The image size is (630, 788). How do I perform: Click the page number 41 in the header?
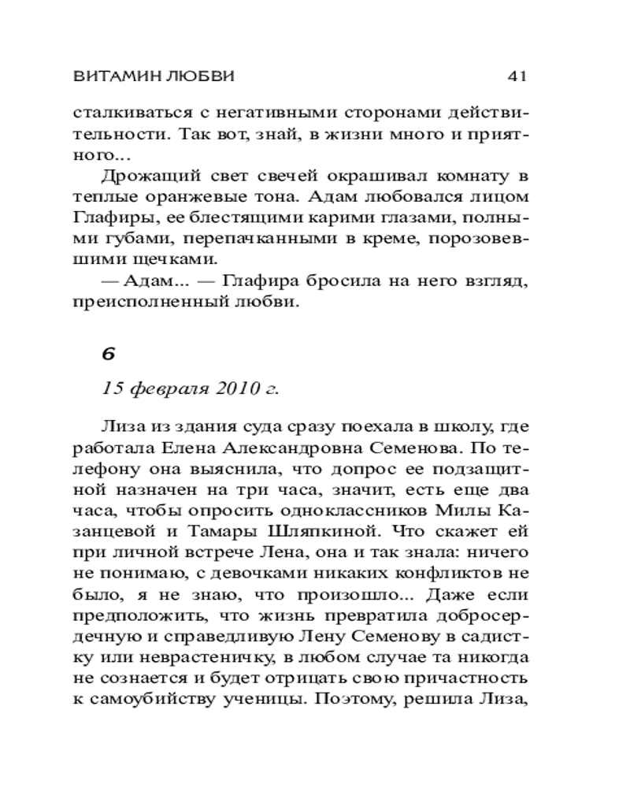pyautogui.click(x=516, y=76)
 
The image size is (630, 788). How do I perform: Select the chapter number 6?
pyautogui.click(x=108, y=354)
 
